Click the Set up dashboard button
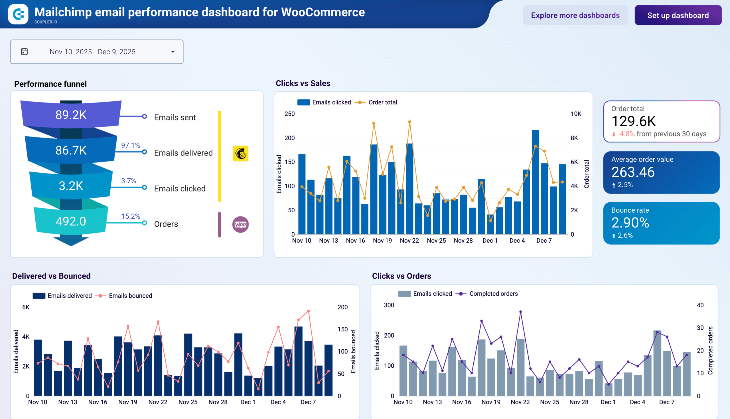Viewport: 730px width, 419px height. pos(678,15)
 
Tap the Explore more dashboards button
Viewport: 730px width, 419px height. pos(575,15)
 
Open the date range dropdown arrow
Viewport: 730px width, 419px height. pos(173,52)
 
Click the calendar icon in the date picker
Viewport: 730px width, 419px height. pos(25,51)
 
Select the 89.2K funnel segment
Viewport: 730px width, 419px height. pos(71,115)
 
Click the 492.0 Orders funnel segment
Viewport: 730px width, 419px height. pos(71,221)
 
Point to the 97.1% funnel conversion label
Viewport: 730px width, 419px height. pos(130,145)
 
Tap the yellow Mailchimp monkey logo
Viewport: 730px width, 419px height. pos(240,153)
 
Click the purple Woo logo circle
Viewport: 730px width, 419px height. pos(240,224)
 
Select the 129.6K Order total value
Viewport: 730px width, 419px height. pos(634,121)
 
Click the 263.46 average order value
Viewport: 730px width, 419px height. pos(633,172)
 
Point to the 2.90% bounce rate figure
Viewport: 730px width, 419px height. pos(630,223)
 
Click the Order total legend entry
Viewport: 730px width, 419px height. pos(382,102)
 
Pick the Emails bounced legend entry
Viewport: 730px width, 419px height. pos(130,296)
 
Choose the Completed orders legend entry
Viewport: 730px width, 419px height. pos(493,294)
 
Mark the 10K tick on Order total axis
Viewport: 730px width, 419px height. pos(576,114)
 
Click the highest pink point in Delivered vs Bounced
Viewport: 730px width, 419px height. pos(309,311)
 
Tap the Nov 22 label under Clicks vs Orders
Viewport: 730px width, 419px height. pos(520,402)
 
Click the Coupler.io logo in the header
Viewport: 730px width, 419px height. pos(19,14)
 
